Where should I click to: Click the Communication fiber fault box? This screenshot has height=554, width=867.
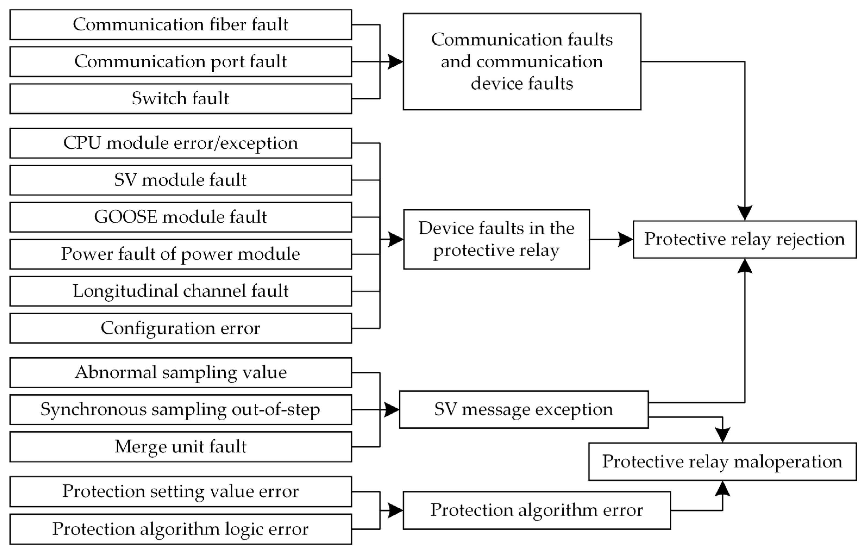tap(180, 24)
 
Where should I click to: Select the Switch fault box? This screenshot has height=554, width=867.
tap(180, 99)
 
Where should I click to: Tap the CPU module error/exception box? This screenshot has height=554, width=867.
tap(180, 143)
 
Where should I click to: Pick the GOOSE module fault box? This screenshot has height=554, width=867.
tap(180, 217)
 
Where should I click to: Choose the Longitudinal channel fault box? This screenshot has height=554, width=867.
tap(180, 291)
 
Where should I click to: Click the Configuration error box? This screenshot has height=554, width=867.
tap(180, 328)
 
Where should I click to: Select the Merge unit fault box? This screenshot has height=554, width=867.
tap(180, 447)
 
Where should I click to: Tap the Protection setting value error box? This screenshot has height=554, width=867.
tap(180, 491)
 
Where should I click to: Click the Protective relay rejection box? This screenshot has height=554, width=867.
tap(745, 239)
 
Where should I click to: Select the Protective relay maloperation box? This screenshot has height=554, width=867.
tap(722, 462)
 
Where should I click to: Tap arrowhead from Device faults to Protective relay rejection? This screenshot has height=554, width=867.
tap(625, 239)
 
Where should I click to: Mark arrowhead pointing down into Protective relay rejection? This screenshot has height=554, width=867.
tap(745, 213)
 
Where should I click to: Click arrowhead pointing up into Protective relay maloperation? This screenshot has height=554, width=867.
tap(722, 489)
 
